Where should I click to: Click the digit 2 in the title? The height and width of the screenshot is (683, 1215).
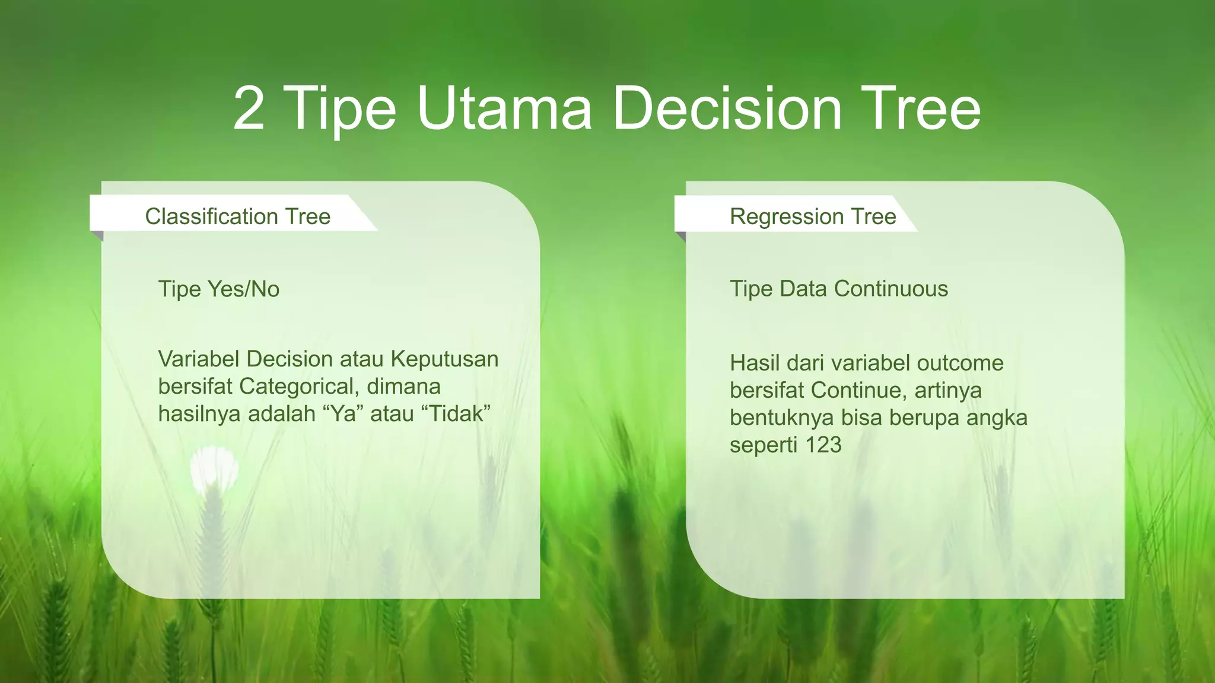click(249, 108)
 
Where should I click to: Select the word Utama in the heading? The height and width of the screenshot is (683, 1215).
click(504, 108)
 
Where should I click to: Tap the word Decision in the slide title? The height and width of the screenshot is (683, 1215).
click(727, 108)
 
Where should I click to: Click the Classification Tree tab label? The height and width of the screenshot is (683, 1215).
click(237, 216)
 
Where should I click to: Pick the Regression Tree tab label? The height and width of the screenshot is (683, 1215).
click(813, 216)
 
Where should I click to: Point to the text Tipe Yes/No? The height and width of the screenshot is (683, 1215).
click(218, 289)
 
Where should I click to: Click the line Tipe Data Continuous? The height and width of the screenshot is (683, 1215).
click(839, 289)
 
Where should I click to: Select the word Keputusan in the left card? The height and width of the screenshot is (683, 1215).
click(444, 359)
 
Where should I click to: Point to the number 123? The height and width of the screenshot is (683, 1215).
click(823, 445)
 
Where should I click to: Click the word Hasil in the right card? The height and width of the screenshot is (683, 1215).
click(754, 363)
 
